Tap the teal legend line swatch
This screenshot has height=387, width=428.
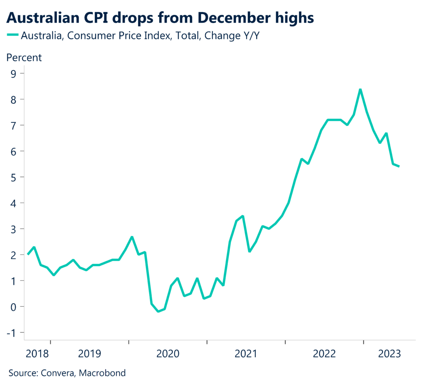(13, 36)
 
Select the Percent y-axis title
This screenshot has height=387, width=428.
(24, 58)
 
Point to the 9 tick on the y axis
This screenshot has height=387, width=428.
(15, 74)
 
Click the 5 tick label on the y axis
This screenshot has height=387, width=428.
(15, 177)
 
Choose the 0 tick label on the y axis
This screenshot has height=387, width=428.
(15, 307)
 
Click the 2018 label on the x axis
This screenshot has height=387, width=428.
(37, 354)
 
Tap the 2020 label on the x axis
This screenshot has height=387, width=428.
(168, 354)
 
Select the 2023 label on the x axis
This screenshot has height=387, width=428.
(390, 354)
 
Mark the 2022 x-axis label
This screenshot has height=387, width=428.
(324, 354)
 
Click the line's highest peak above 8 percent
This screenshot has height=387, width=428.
(360, 89)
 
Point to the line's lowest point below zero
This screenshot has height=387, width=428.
(158, 311)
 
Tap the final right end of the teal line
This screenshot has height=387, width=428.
(399, 166)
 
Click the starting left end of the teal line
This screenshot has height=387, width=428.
(28, 254)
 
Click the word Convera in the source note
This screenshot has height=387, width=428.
(58, 373)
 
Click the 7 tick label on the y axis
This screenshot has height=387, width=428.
(15, 125)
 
